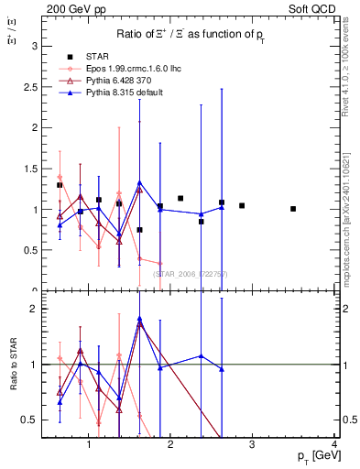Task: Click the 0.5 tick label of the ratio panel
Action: (30, 420)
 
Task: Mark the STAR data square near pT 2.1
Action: (180, 198)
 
